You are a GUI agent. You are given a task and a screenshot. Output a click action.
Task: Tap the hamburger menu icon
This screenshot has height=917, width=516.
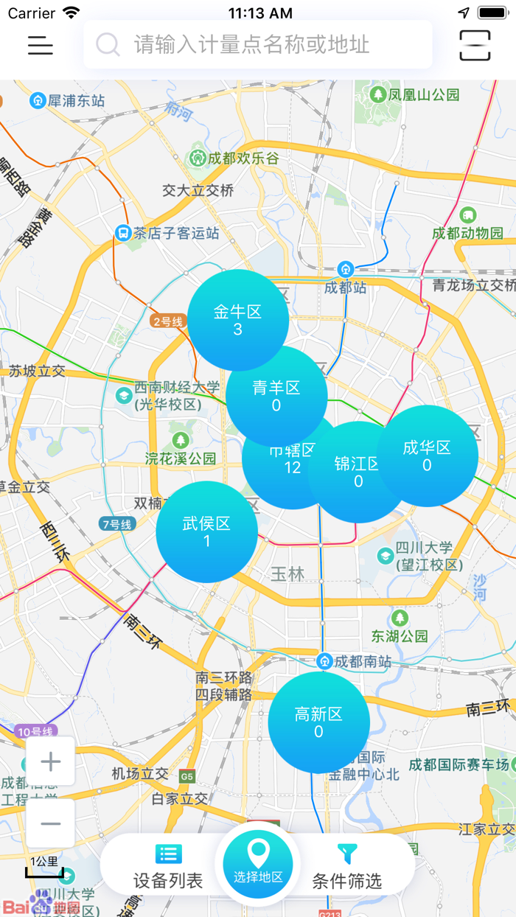41,45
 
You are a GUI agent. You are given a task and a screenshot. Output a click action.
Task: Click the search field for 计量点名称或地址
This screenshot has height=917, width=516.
258,45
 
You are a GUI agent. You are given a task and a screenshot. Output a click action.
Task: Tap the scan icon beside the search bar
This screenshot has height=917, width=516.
475,45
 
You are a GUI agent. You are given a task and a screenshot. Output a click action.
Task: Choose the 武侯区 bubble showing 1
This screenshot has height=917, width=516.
206,531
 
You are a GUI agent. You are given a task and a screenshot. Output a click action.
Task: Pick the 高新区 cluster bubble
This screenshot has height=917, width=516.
318,722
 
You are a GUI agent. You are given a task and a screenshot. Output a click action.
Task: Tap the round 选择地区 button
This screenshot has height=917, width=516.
258,863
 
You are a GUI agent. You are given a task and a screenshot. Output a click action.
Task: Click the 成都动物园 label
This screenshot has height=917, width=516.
467,232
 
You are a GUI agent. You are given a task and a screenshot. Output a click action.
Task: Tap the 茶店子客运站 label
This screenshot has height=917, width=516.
175,233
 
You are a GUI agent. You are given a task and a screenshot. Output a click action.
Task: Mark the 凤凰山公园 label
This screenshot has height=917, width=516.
424,94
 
